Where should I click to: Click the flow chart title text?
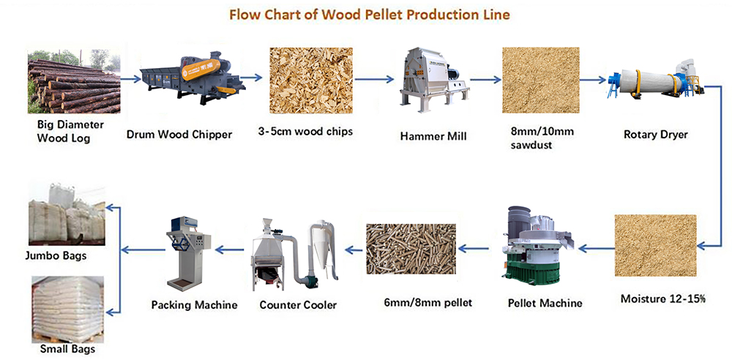[369, 15]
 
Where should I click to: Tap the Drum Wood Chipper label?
[179, 135]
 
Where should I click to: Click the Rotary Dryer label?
[655, 135]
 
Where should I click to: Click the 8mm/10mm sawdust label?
[542, 138]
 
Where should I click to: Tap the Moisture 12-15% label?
[663, 299]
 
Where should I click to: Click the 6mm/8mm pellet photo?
[411, 249]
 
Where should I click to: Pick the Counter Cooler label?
[298, 305]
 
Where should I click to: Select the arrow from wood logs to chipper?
[130, 79]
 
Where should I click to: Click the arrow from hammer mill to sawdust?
[485, 80]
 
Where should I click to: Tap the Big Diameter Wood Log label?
[70, 132]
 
